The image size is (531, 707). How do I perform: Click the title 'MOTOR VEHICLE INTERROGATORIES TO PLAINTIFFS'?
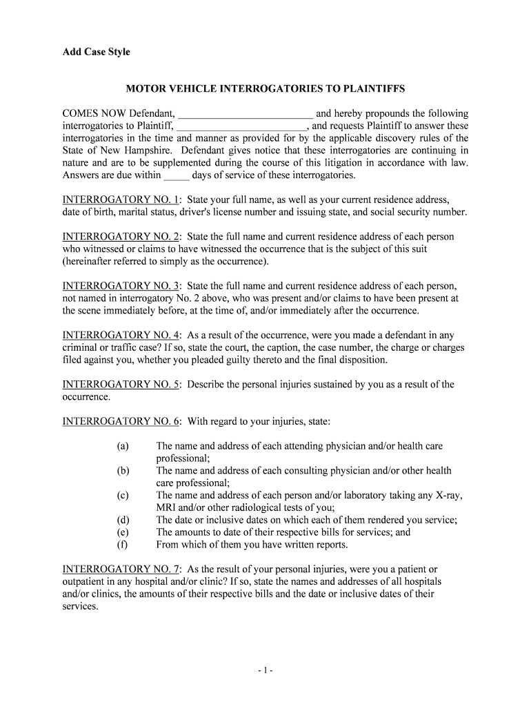265,89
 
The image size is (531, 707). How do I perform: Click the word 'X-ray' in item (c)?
448,496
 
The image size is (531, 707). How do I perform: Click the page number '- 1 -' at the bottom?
265,670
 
